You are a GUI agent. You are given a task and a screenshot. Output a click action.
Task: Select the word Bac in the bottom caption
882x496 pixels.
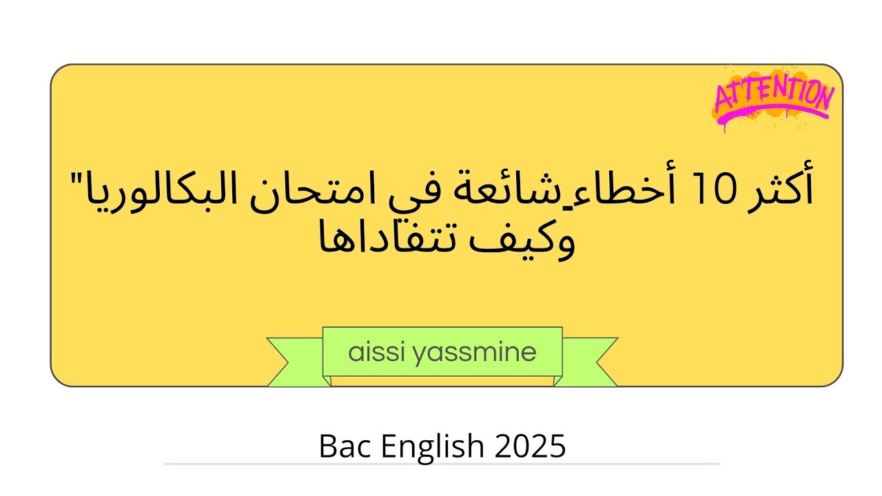[342, 446]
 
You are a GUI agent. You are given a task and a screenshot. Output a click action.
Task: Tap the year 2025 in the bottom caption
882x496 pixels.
[530, 446]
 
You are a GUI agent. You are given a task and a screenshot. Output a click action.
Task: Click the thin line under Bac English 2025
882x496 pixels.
[442, 464]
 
